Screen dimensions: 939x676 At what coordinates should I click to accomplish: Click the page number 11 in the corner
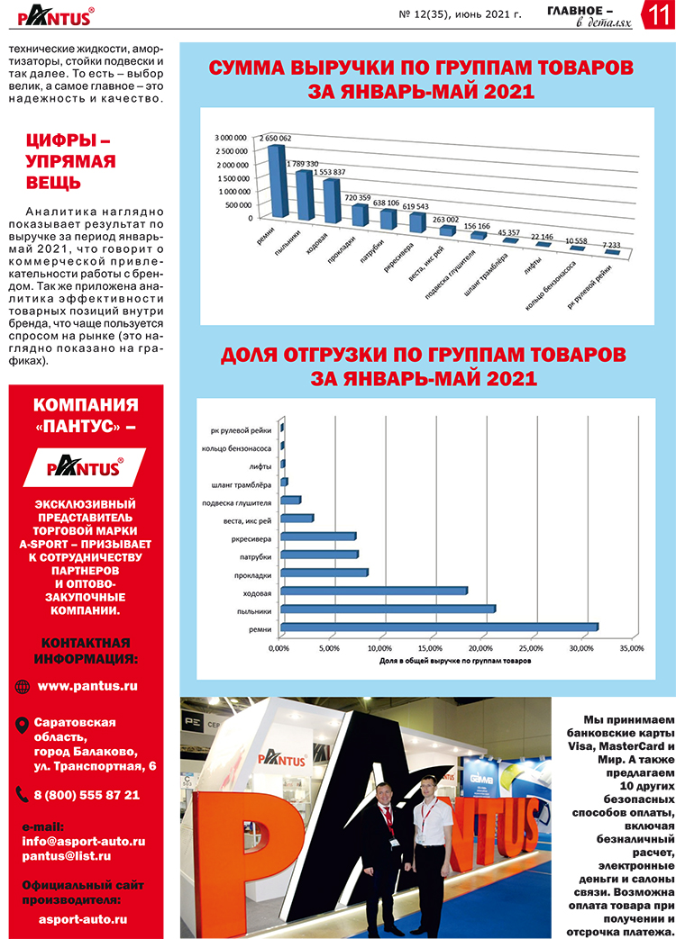click(x=657, y=16)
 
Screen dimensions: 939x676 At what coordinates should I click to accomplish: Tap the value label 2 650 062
click(x=275, y=138)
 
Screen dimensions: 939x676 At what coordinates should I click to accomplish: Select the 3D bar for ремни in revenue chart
click(x=279, y=180)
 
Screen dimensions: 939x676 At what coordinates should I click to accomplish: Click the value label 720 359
click(x=358, y=196)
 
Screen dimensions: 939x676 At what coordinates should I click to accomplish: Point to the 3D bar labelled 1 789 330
click(x=305, y=194)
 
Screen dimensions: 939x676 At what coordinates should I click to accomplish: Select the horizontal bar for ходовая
click(x=374, y=591)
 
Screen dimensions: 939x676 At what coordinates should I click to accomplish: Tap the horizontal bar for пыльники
click(x=388, y=609)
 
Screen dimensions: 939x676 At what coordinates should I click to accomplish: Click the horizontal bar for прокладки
click(x=324, y=572)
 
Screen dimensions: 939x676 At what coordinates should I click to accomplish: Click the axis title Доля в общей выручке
click(x=454, y=661)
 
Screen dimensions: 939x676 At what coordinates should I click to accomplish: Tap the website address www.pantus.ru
click(x=87, y=686)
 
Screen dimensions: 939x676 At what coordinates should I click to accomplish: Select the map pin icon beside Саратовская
click(x=23, y=725)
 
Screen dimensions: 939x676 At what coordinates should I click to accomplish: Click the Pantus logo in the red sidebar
click(x=86, y=467)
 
